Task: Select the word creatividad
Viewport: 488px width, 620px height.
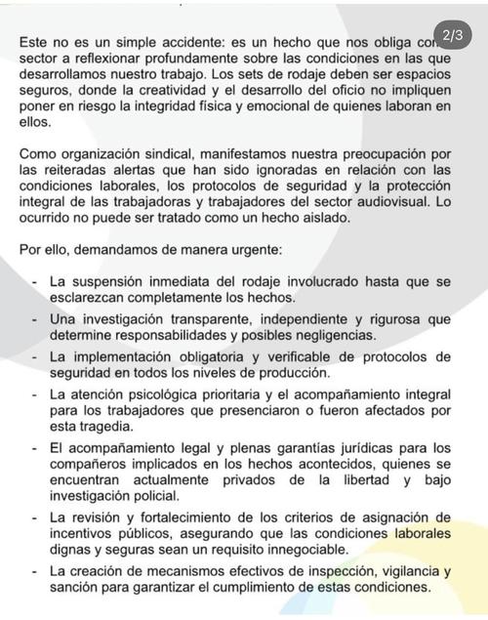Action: [x=225, y=91]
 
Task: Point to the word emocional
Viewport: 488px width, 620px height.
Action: [x=316, y=106]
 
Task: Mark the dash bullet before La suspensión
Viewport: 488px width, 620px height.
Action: [x=34, y=281]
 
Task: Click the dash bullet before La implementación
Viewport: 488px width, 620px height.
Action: [x=34, y=356]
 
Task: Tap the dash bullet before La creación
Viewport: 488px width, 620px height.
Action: [x=34, y=571]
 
